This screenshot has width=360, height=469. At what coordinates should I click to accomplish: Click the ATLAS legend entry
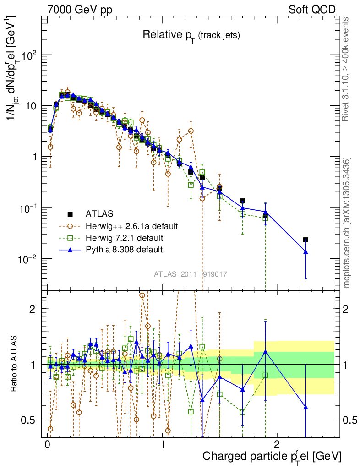(99, 214)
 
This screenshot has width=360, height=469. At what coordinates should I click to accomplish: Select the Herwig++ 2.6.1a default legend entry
(131, 226)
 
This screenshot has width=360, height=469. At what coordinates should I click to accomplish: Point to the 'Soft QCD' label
(312, 10)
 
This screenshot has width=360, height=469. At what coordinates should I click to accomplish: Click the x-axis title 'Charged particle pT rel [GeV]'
(272, 456)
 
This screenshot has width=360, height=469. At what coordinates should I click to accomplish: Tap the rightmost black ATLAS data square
(305, 240)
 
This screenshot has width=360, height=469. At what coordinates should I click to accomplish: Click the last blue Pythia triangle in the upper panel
(305, 251)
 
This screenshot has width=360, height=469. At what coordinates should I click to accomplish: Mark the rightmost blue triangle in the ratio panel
(305, 407)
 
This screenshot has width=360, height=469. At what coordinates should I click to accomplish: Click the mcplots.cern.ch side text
(347, 223)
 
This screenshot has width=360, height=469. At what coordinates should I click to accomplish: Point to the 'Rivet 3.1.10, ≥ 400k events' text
(346, 69)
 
